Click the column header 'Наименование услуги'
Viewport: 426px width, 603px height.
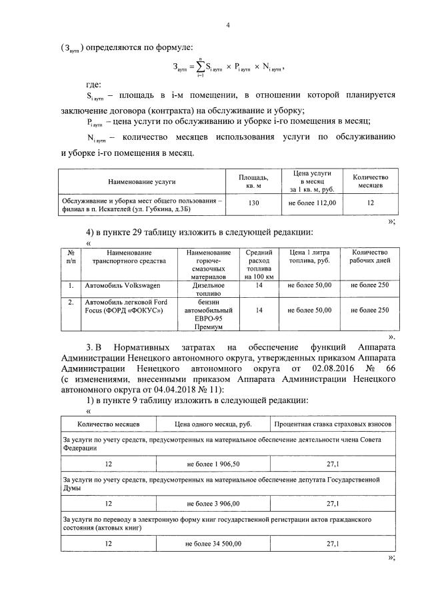click(x=141, y=181)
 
